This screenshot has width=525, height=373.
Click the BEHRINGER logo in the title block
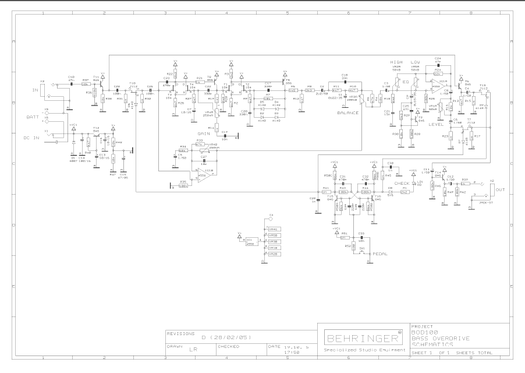pos(360,337)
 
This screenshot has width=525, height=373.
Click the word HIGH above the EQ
pos(396,62)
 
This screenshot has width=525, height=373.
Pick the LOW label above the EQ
pos(415,62)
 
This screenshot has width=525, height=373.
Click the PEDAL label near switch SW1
pos(380,255)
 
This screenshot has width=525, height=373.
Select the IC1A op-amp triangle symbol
pos(441,86)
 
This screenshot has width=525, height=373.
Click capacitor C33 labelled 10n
pos(361,238)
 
